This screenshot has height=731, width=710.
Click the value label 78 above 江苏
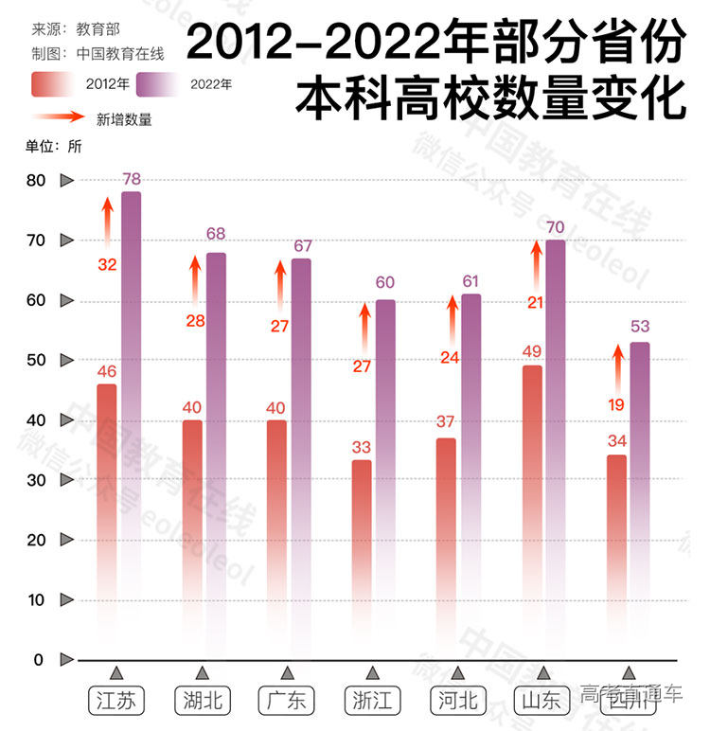point(132,179)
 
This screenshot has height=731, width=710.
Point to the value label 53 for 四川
point(640,328)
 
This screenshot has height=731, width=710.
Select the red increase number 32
point(107,264)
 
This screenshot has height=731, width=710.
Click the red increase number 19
point(616,403)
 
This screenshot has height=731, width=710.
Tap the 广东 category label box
point(287,701)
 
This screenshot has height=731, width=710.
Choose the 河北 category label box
point(458,701)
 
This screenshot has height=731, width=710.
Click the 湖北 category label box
point(201,701)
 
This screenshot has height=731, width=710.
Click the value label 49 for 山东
point(532,352)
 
